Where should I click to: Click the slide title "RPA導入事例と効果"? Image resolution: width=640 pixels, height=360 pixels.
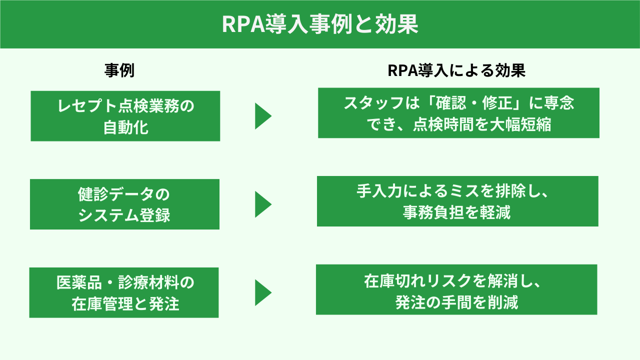[320, 24]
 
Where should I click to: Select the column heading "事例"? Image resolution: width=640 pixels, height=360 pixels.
[119, 71]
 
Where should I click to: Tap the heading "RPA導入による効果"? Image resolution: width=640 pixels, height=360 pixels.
[456, 71]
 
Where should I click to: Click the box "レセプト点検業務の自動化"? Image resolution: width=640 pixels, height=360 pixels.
[125, 116]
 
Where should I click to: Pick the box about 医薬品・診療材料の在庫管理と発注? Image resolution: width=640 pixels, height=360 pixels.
[124, 292]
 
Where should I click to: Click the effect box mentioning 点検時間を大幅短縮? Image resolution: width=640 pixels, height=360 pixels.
[458, 113]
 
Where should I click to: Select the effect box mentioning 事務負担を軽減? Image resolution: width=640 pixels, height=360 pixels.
[457, 201]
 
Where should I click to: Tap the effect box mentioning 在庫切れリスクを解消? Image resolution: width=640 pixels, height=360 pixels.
[456, 289]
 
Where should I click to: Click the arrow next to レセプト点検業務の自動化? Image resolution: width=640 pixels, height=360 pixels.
[263, 116]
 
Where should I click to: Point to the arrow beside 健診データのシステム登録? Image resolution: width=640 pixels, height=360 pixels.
[263, 204]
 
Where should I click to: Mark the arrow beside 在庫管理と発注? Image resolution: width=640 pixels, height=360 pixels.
[263, 292]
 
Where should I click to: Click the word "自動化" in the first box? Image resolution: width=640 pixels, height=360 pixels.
[125, 127]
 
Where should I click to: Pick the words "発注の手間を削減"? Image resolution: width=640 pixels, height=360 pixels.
[456, 302]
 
